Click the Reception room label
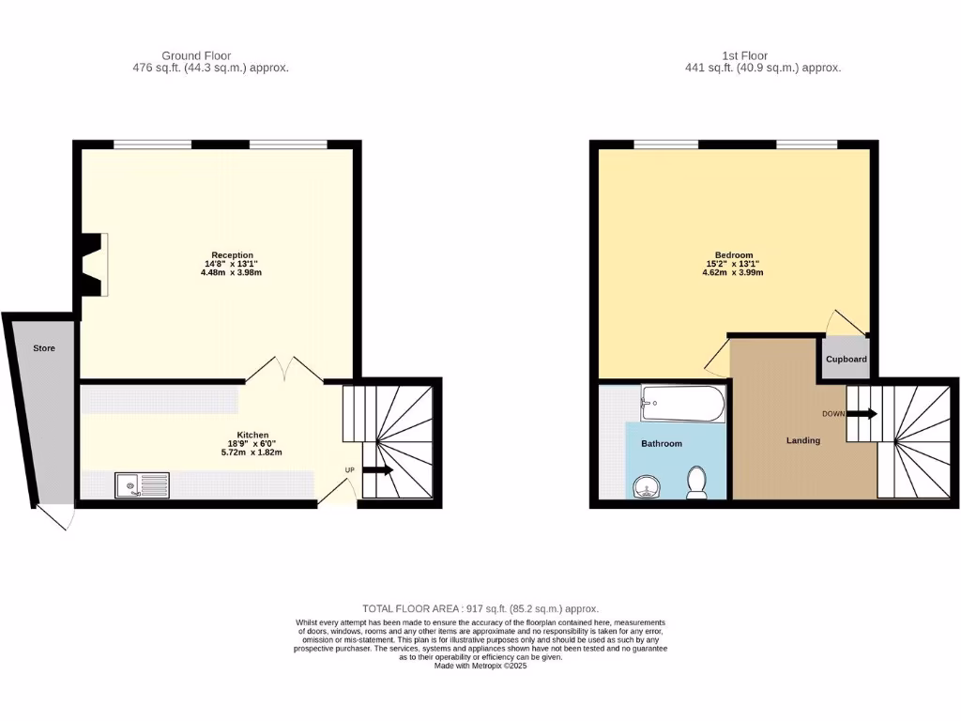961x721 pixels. [232, 255]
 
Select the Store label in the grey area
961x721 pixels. [44, 348]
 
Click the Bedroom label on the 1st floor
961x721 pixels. [734, 255]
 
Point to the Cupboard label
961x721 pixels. [846, 360]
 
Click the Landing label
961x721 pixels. [803, 440]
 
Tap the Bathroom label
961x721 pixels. [662, 443]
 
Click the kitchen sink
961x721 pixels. [143, 485]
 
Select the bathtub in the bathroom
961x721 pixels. [683, 405]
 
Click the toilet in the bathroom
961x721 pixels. [697, 481]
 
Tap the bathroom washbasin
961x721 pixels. [646, 486]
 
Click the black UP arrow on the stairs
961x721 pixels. [377, 470]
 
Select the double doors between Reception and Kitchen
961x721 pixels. [284, 369]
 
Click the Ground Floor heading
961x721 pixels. [196, 56]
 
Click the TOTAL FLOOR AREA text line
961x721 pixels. [480, 608]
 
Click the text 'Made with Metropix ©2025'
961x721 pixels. [480, 666]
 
